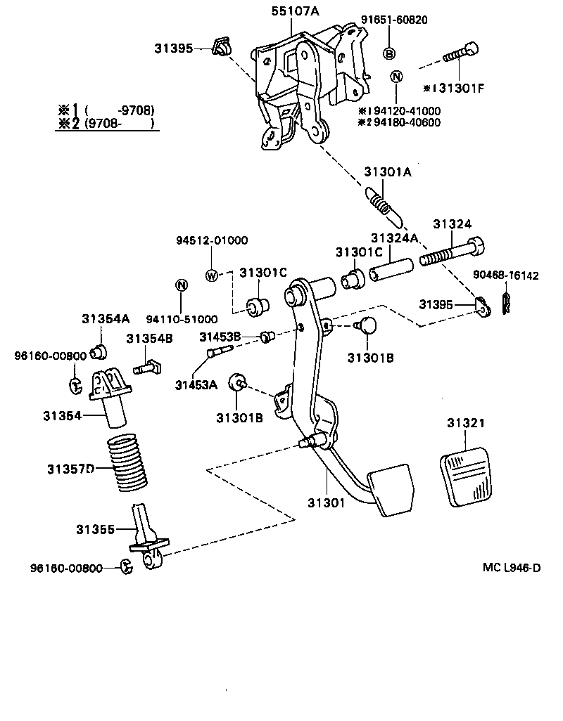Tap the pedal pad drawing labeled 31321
(465, 479)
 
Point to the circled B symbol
(388, 53)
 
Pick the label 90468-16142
(505, 275)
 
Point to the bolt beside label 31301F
(460, 53)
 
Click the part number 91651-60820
(394, 20)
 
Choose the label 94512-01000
(211, 240)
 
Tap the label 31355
(95, 529)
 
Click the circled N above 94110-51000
(181, 285)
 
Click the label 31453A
(196, 384)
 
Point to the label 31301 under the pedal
(325, 502)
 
